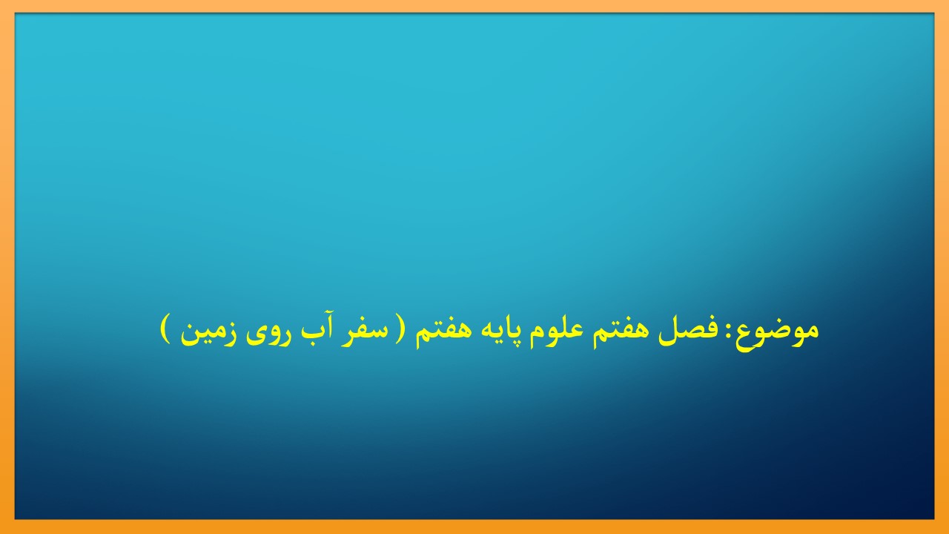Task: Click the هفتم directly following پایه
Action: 437,331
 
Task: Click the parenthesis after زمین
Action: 165,330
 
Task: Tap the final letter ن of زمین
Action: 189,334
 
